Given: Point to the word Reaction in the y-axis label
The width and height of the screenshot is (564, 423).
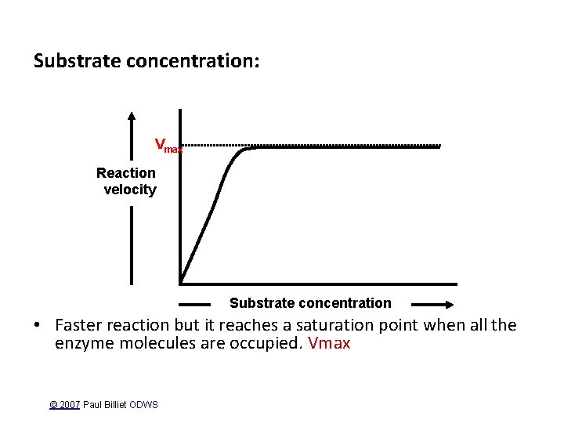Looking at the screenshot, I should [126, 172].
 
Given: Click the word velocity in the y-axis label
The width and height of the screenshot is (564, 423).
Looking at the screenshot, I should [130, 190].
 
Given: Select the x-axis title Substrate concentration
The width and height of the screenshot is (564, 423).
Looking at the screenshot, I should [310, 303].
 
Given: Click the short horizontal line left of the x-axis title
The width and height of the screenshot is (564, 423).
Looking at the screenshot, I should [195, 304].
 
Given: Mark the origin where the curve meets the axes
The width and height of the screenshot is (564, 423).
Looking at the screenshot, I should [181, 283].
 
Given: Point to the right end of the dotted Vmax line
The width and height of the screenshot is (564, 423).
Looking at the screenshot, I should [440, 145].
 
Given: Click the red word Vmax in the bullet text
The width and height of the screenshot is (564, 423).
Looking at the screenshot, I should [329, 343].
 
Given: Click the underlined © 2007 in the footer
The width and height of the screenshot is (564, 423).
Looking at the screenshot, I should [64, 405].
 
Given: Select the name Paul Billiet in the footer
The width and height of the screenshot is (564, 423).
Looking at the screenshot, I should [105, 405].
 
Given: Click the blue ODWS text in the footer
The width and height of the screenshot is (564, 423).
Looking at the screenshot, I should [144, 405].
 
